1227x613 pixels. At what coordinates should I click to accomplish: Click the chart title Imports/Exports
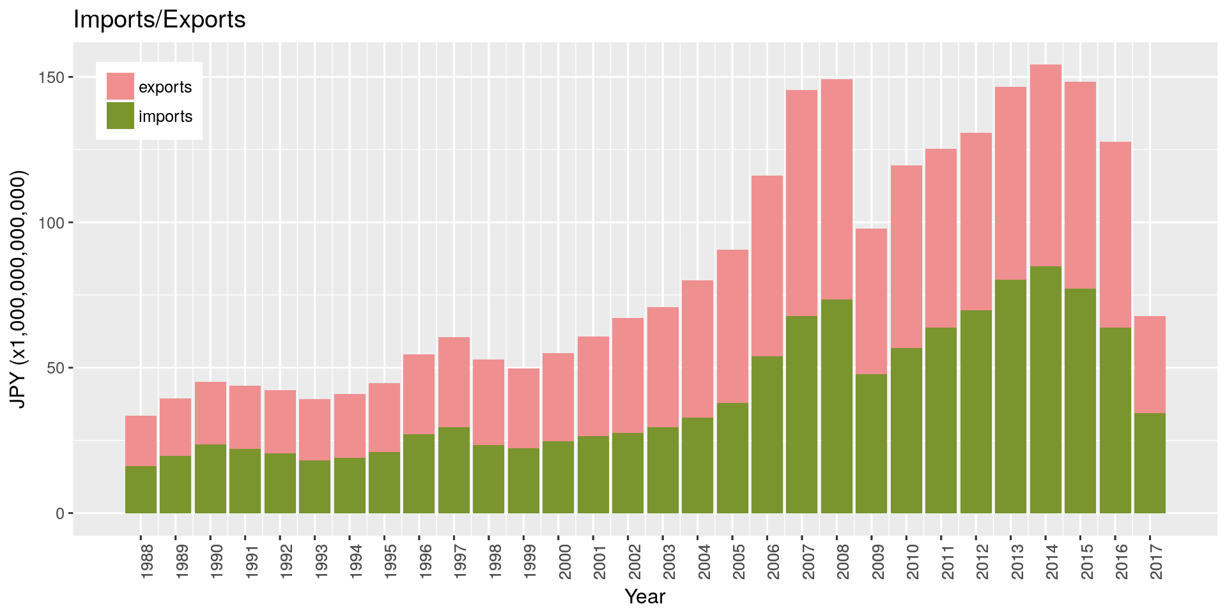[159, 20]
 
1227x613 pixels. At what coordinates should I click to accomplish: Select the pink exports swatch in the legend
[120, 86]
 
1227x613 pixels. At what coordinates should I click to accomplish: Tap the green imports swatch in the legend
[120, 116]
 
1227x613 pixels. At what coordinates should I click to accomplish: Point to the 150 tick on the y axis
[52, 77]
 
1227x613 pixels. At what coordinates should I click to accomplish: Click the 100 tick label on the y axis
[52, 223]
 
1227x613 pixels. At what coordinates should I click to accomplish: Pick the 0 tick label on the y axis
[60, 513]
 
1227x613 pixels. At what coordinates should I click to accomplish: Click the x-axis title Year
[645, 596]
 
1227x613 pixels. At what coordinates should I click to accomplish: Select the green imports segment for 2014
[1046, 390]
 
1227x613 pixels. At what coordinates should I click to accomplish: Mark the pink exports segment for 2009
[871, 301]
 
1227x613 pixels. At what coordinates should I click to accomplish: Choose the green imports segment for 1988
[141, 490]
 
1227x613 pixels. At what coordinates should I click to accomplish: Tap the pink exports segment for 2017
[1150, 364]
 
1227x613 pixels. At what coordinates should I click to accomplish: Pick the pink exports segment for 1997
[454, 382]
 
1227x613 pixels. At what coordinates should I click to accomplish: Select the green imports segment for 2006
[767, 434]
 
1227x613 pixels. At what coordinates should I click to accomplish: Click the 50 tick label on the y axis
[56, 368]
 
